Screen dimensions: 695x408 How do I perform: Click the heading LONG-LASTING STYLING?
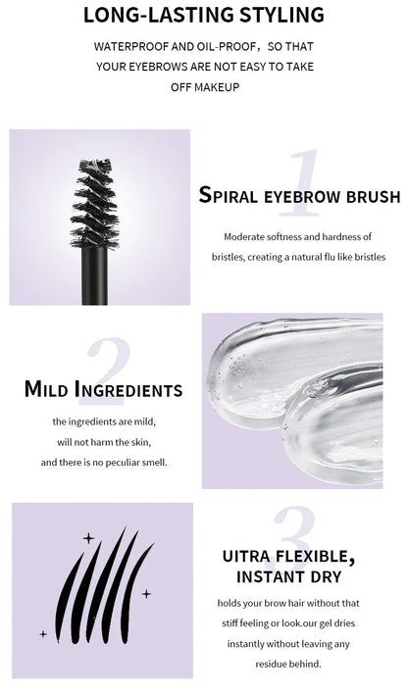[x=203, y=15]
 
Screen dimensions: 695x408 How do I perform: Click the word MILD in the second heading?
[x=47, y=390]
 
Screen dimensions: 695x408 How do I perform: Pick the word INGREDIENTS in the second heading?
[x=128, y=390]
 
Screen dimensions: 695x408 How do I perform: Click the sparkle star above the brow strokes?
[x=88, y=537]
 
